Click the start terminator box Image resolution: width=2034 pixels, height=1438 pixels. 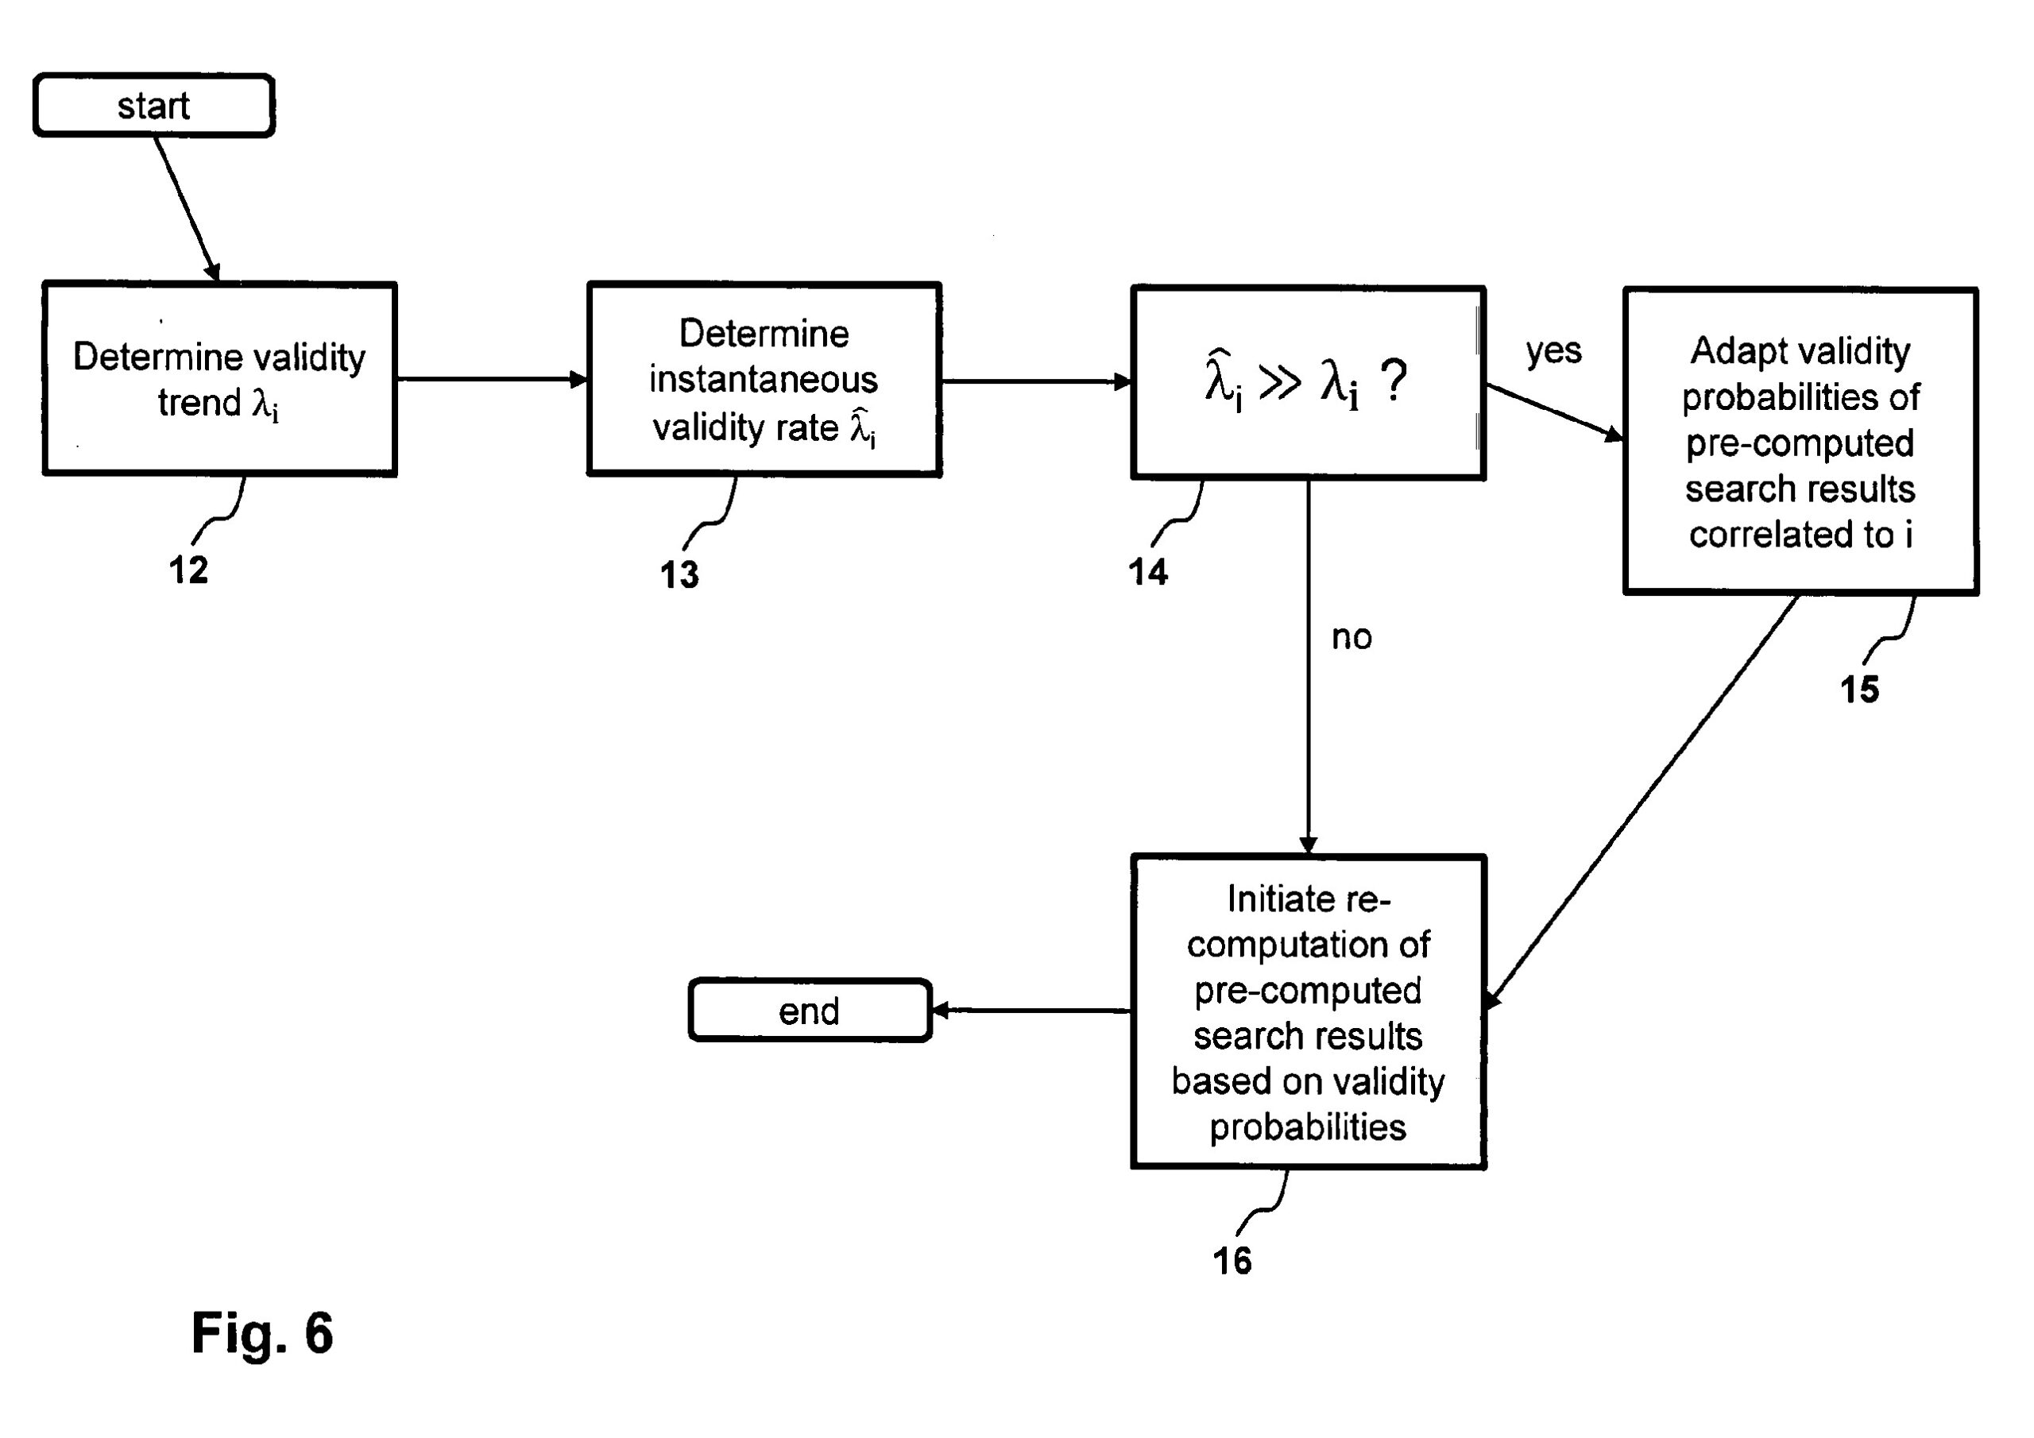point(153,106)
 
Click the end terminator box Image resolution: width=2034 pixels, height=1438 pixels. point(809,1011)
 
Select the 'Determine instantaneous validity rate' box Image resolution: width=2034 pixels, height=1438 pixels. point(764,379)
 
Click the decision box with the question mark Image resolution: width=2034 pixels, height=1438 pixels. point(1308,383)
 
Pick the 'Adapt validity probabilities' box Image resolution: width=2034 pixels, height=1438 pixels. point(1800,441)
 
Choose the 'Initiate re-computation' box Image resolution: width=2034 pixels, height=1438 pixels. point(1308,1012)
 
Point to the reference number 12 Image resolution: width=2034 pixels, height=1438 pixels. point(188,570)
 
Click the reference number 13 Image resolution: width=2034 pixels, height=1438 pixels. point(679,575)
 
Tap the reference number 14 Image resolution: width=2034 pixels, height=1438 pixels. point(1148,572)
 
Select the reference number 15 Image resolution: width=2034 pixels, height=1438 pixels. point(1859,690)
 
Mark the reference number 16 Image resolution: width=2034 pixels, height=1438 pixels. point(1232,1261)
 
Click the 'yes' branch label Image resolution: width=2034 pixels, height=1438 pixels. point(1553,352)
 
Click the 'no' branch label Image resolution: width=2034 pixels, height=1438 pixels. point(1351,637)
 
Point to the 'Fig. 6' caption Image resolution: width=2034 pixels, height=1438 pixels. point(262,1332)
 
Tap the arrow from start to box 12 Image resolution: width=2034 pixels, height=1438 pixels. point(187,208)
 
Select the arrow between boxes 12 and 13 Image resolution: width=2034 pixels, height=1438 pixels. point(492,379)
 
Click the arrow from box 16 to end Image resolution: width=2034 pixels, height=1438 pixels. point(1031,1010)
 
